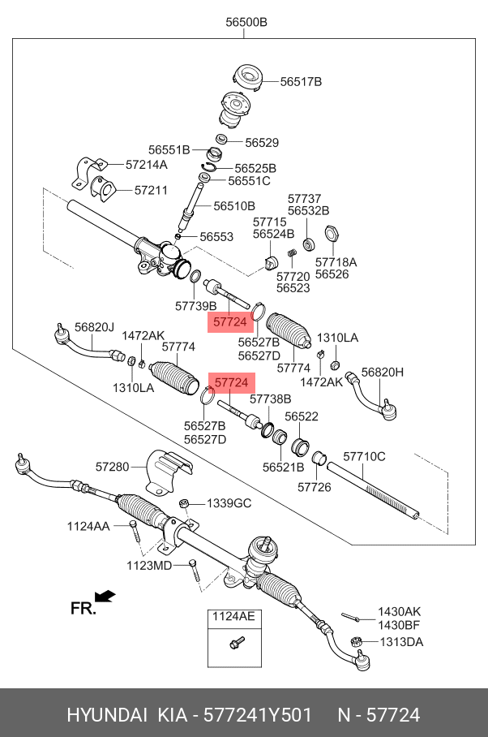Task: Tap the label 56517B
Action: click(302, 82)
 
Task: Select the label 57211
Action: click(151, 191)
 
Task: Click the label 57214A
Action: click(147, 164)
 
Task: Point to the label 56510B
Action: click(234, 206)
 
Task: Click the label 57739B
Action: click(196, 306)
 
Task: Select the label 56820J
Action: click(95, 326)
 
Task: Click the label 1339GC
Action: click(229, 504)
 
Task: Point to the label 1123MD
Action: click(149, 565)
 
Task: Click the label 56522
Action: click(301, 416)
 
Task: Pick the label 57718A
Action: click(336, 262)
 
